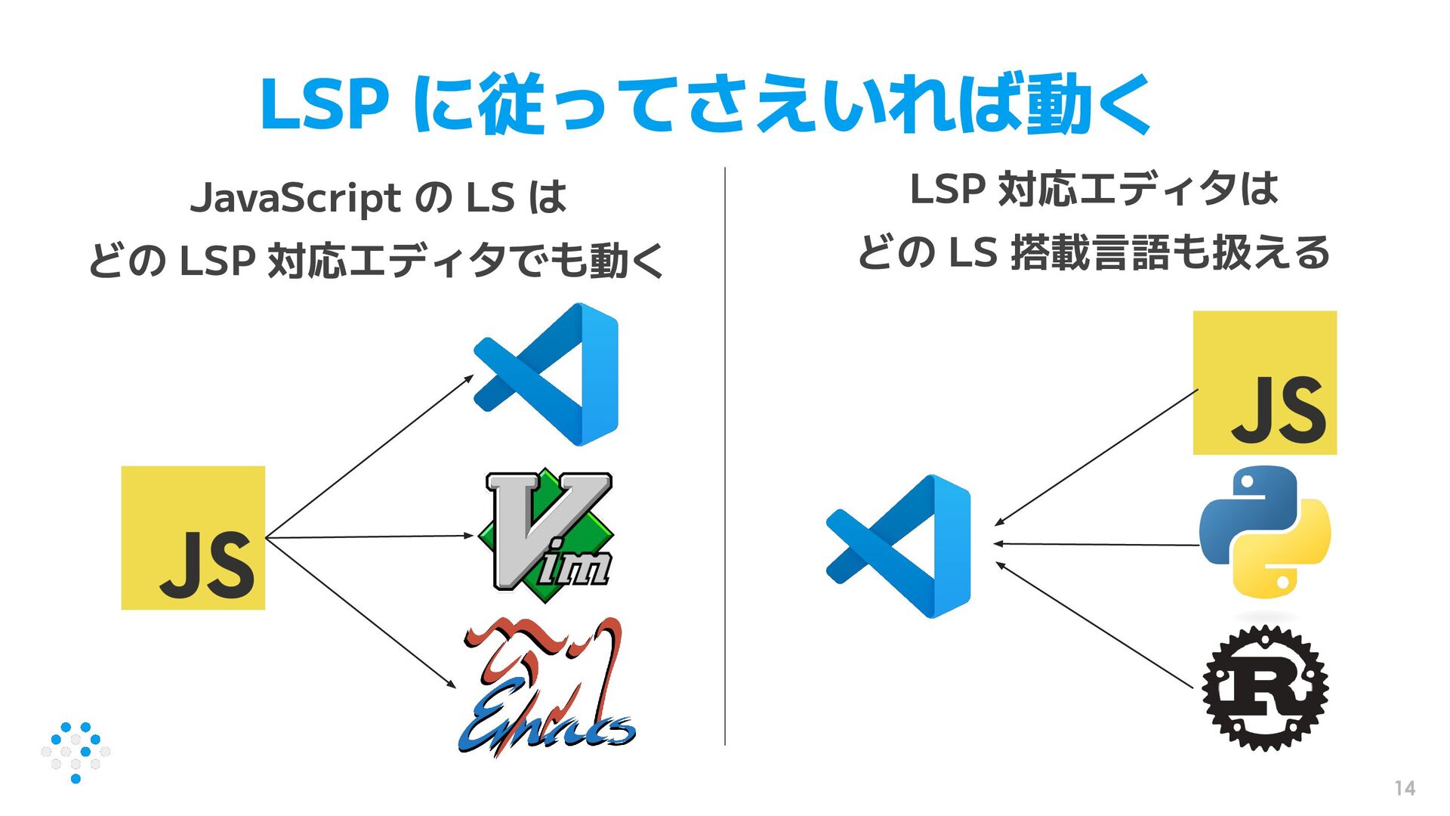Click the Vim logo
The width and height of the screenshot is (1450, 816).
549,535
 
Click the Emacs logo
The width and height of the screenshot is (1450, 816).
547,688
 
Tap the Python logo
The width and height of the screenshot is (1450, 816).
1265,533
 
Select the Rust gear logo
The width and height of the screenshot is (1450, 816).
1265,688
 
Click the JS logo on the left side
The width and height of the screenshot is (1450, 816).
193,538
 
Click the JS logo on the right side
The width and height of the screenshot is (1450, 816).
1265,383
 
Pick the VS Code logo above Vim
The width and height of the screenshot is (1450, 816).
547,375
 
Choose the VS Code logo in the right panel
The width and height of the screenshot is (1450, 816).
899,546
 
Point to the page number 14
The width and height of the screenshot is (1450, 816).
1405,788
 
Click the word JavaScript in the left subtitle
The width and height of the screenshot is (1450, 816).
295,198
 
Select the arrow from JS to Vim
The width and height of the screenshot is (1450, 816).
370,536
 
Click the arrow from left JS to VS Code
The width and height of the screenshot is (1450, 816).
370,456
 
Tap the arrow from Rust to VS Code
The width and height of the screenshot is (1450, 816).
1095,626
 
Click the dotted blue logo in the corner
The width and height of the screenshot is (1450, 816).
76,752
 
